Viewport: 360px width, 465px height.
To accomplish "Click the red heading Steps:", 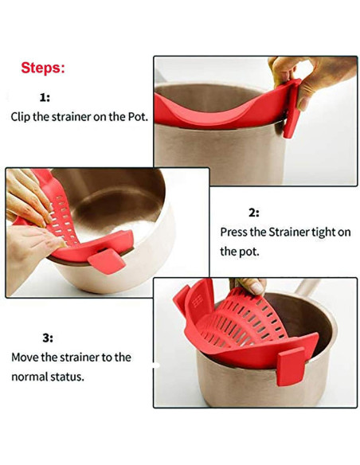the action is [x=43, y=68].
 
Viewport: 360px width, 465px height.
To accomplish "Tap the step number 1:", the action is [x=45, y=97].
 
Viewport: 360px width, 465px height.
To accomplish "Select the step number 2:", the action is [x=254, y=213].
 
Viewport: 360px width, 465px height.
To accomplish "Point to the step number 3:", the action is [x=48, y=338].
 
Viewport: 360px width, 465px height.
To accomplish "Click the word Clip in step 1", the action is [x=21, y=116].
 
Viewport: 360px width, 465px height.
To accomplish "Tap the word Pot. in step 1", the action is [x=138, y=116].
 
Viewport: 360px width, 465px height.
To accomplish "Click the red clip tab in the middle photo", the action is [x=107, y=261].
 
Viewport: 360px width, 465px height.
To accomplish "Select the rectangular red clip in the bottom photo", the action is [x=292, y=366].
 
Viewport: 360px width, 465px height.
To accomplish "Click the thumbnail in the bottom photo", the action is [x=256, y=288].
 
